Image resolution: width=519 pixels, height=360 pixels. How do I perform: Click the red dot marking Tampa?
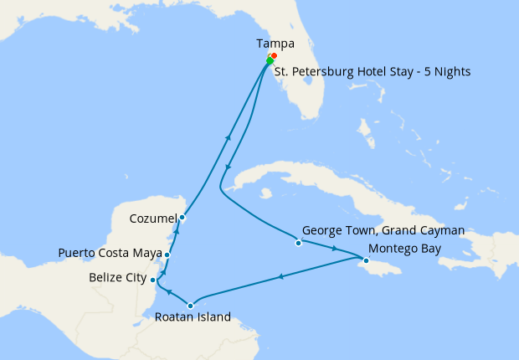point(274,56)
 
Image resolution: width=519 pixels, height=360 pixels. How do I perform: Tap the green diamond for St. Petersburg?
point(270,61)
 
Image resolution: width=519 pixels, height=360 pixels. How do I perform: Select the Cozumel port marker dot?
point(182,218)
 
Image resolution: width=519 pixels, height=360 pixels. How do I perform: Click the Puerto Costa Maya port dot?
point(167,255)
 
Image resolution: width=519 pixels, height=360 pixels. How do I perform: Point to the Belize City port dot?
point(152,280)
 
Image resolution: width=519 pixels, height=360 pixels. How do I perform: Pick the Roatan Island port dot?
point(191,306)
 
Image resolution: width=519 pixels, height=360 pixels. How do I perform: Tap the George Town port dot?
point(298,244)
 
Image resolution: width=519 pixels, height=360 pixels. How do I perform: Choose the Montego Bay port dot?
point(366,260)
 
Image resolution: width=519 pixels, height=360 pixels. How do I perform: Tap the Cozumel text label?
point(153,219)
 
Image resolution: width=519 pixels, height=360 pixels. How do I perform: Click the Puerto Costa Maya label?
point(110,253)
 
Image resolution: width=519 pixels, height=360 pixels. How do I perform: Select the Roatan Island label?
point(192,318)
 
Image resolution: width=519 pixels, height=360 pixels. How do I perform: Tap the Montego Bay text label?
point(404,248)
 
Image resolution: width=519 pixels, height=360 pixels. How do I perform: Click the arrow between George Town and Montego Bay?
point(335,249)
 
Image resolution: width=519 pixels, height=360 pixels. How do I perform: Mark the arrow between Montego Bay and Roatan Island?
point(280,277)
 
